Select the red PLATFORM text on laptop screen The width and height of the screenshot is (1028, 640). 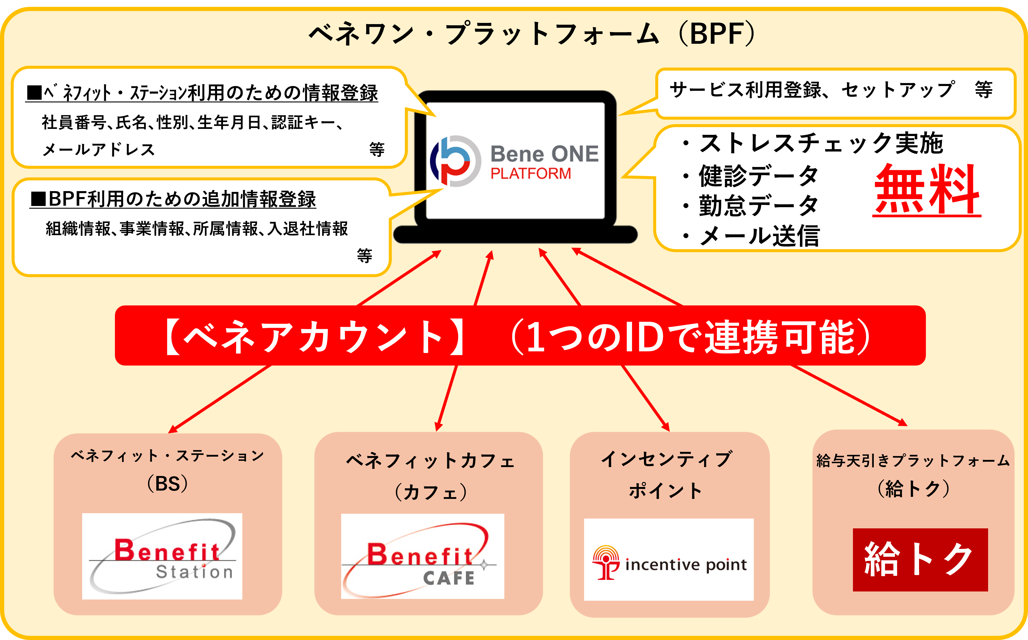click(530, 174)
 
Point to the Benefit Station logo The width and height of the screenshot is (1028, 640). click(162, 556)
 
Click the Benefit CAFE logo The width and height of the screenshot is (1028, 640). click(422, 556)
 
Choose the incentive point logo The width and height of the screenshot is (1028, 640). click(669, 560)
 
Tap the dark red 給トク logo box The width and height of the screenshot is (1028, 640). click(920, 560)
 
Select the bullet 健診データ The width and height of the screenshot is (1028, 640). click(758, 176)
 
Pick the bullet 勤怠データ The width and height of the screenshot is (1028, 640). click(758, 206)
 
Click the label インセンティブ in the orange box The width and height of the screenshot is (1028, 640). click(667, 459)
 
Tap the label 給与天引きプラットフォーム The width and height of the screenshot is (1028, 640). click(913, 461)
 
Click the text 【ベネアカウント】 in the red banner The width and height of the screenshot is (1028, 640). click(313, 336)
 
